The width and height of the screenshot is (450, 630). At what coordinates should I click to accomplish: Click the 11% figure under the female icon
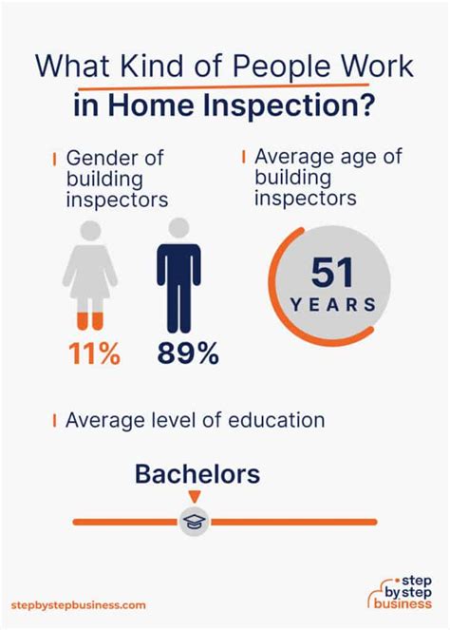(94, 353)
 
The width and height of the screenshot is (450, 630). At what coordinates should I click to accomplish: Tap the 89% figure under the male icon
(188, 353)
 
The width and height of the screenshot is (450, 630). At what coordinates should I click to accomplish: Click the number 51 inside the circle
(332, 273)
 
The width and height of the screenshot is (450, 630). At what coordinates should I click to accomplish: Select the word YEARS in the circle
(333, 305)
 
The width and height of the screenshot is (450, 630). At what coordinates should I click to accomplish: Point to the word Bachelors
(197, 474)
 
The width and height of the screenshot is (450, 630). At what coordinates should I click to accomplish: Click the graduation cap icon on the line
(195, 521)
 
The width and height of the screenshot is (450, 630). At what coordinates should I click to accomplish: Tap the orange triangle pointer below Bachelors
(195, 497)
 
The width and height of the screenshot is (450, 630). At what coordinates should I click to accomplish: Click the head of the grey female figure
(90, 231)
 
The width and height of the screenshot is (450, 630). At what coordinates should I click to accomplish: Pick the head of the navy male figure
(178, 228)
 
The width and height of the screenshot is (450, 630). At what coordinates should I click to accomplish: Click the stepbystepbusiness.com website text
(79, 604)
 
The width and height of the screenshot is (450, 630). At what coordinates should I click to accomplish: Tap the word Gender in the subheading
(99, 158)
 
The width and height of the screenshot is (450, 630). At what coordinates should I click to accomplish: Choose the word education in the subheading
(276, 420)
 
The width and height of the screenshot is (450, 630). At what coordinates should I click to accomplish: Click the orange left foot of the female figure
(82, 321)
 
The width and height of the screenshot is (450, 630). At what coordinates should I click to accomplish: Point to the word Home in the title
(151, 105)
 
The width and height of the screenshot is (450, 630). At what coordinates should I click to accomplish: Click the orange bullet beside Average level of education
(54, 421)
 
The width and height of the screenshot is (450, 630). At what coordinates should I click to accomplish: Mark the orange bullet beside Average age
(243, 157)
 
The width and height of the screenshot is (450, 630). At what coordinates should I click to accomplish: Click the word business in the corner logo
(403, 603)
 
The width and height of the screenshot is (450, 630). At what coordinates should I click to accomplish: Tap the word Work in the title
(375, 66)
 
